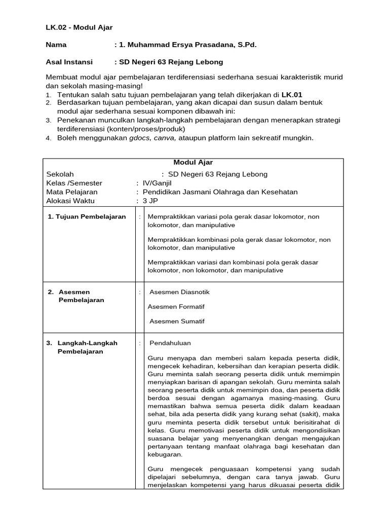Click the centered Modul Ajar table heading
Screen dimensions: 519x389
193,162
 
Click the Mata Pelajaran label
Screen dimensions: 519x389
72,192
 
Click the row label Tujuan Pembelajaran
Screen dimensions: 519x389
87,216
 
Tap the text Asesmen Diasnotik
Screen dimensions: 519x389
179,292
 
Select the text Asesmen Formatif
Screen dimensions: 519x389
176,307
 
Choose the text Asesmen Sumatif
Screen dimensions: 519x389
177,321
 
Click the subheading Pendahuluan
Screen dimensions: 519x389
170,343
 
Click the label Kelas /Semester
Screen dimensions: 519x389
74,183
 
